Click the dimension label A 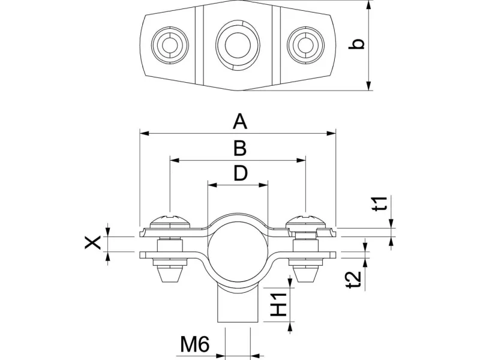(240, 122)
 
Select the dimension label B (239, 148)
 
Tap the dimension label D (240, 173)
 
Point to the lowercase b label (358, 45)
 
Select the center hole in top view (235, 43)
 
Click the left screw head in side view (170, 221)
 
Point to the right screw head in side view (305, 221)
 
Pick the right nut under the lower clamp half (306, 273)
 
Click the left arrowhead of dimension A (143, 134)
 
